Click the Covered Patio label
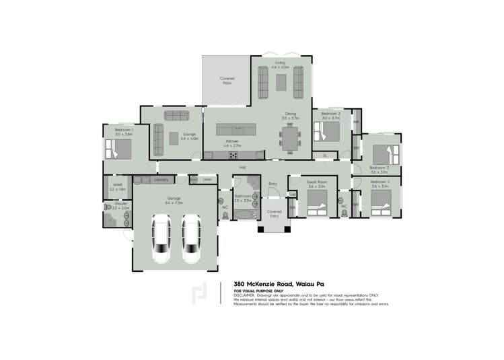[x=227, y=81]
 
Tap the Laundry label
[x=161, y=180]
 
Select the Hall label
[x=242, y=167]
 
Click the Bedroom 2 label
[x=330, y=114]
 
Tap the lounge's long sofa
[x=159, y=139]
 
